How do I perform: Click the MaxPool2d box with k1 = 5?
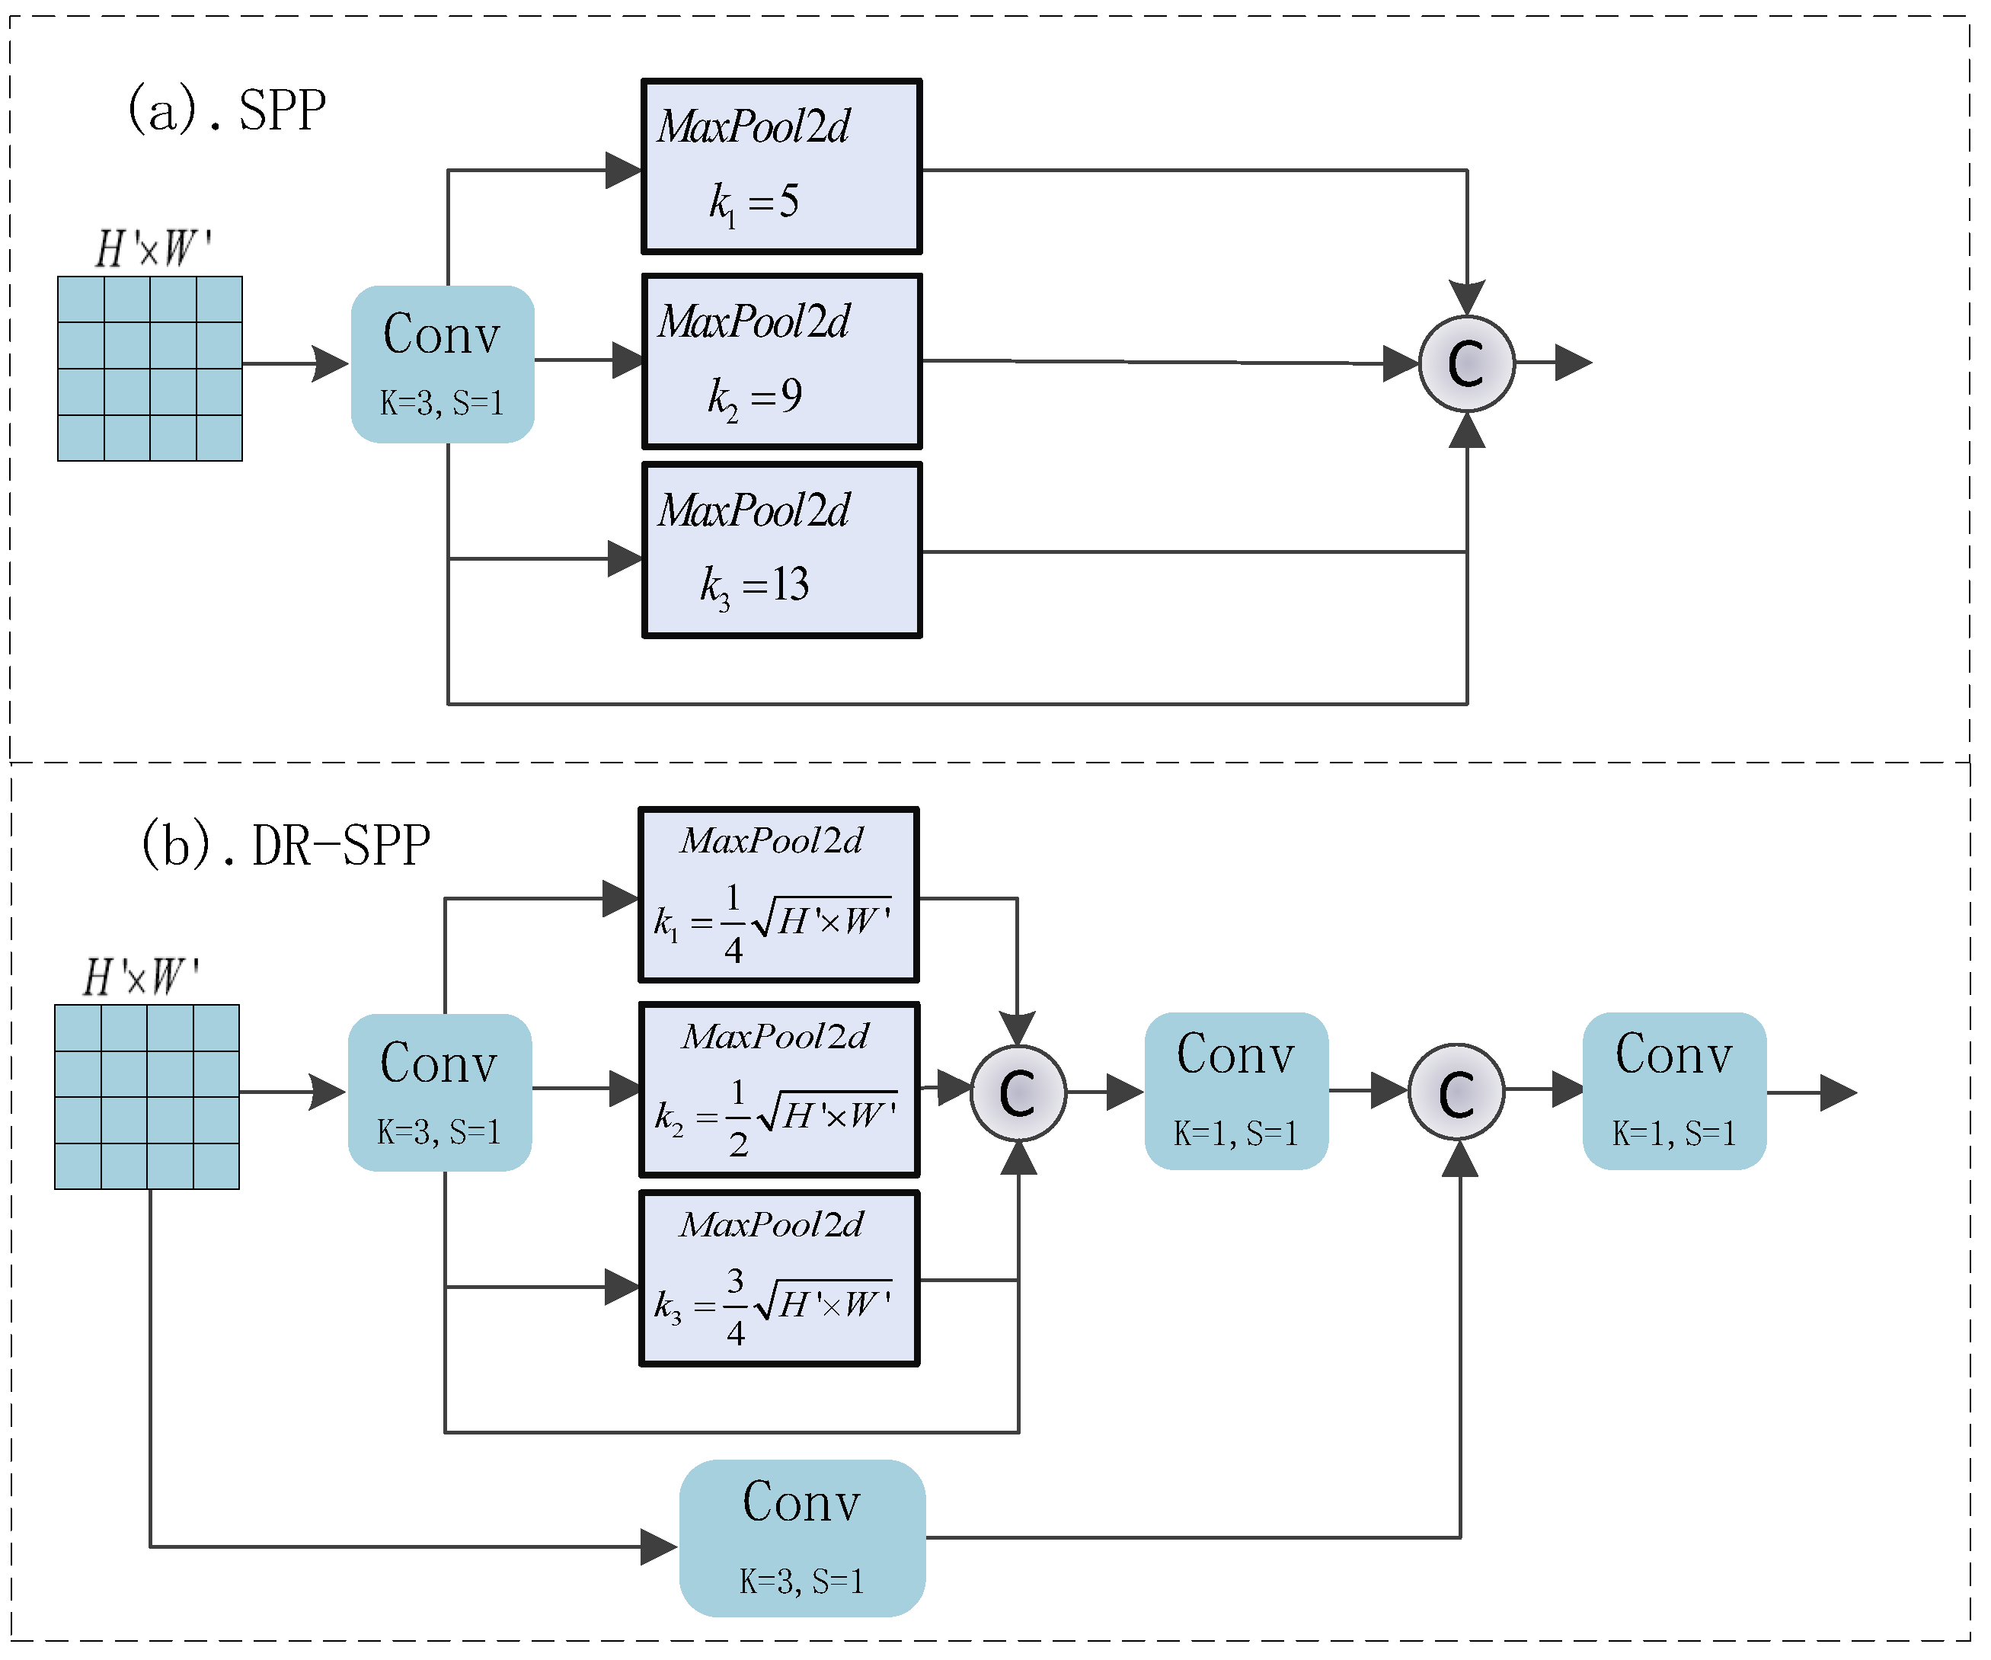(781, 167)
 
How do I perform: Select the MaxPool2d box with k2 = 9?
(781, 361)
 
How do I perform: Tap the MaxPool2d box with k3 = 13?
(781, 550)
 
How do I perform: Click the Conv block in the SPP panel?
(443, 364)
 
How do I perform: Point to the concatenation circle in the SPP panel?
(1467, 363)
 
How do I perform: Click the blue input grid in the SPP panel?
(150, 369)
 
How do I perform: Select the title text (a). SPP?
(226, 109)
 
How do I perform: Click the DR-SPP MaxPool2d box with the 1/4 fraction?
(778, 895)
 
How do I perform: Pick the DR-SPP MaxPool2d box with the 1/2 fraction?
(779, 1089)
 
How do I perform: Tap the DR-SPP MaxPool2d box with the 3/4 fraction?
(779, 1278)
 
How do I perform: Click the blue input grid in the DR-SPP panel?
(147, 1097)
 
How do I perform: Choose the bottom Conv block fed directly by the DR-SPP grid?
(802, 1537)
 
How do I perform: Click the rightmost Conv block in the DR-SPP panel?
(1674, 1091)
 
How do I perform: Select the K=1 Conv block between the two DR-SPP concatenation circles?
(1236, 1091)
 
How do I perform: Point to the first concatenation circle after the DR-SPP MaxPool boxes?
(1018, 1092)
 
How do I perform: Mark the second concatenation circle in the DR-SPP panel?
(1456, 1092)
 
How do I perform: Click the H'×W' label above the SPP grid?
(152, 249)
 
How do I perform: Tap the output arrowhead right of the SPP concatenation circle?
(1574, 362)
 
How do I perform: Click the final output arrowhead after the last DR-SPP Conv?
(1839, 1092)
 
